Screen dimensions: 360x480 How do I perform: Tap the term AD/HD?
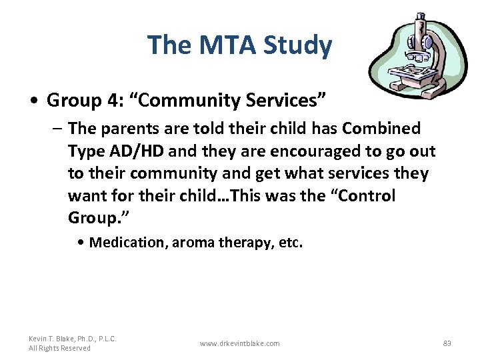[x=140, y=151]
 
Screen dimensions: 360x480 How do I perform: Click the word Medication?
[x=128, y=243]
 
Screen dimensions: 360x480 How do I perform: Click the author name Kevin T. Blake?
[x=73, y=339]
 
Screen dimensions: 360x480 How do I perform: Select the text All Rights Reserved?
[x=59, y=348]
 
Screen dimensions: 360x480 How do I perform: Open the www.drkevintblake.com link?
[x=240, y=343]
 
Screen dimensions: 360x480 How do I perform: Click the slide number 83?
[x=447, y=343]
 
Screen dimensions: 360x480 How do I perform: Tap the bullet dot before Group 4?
[x=33, y=101]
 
